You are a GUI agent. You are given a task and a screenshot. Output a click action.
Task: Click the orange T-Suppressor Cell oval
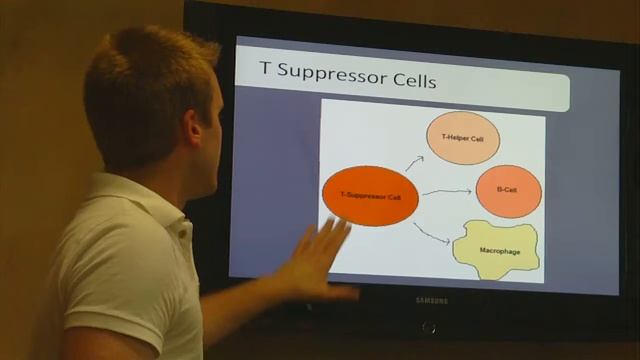(369, 196)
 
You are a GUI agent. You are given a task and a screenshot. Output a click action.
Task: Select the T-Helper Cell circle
(462, 137)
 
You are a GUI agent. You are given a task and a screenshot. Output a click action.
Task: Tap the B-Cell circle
(508, 190)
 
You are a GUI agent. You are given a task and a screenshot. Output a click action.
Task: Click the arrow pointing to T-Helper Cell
(413, 162)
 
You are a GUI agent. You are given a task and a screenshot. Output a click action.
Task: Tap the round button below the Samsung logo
(429, 327)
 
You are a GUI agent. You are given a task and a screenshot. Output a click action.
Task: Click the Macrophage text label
(499, 251)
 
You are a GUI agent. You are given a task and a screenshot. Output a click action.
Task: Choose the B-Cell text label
(508, 190)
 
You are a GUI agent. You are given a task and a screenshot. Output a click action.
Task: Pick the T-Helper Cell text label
(462, 137)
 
